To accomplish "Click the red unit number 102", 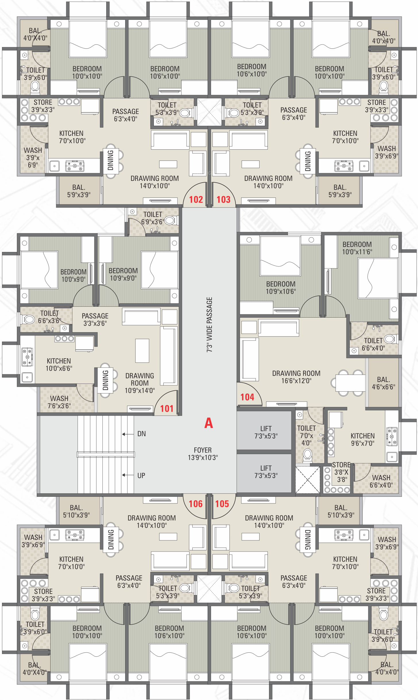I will [196, 200].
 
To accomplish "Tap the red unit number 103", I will [223, 200].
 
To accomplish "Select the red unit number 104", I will [247, 397].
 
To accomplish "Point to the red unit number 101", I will [167, 408].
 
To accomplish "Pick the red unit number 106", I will [196, 504].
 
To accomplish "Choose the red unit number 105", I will [222, 504].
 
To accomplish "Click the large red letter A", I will [209, 423].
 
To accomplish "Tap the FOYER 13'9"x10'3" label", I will [203, 454].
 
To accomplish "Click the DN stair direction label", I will [142, 434].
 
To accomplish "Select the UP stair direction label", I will [141, 476].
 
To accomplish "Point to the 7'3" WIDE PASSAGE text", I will [210, 324].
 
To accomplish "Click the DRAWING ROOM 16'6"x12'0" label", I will [296, 377].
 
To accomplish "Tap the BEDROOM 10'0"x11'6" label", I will [357, 248].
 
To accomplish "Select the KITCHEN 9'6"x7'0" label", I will [363, 439].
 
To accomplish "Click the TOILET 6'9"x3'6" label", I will [153, 218].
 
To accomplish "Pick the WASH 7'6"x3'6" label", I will [59, 402].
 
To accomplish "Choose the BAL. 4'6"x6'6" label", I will [384, 383].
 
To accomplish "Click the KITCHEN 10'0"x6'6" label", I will [59, 364].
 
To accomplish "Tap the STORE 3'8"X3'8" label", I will [341, 472].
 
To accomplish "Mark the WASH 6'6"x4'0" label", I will [381, 481].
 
